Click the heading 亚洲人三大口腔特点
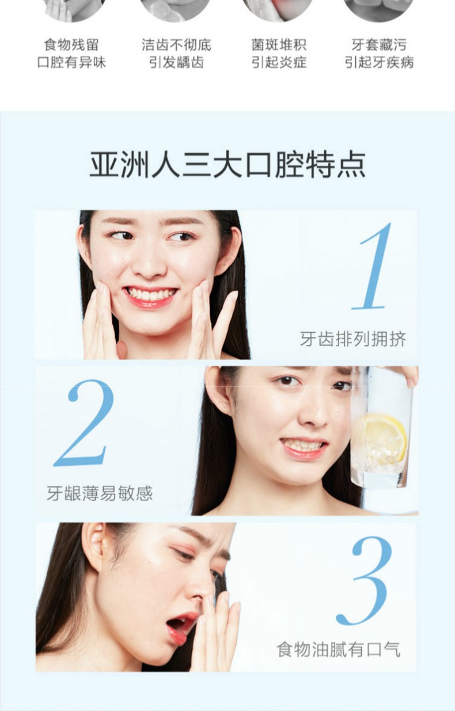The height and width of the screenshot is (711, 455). (227, 165)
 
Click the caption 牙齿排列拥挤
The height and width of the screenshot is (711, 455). (352, 339)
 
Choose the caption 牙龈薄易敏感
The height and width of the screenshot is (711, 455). (100, 493)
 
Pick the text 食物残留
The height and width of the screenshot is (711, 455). (71, 45)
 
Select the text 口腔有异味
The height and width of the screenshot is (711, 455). (71, 62)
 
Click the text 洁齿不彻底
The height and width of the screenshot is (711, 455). (176, 45)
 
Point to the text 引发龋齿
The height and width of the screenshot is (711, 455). (176, 62)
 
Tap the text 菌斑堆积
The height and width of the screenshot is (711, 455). (279, 45)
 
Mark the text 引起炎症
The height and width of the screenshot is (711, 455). (279, 62)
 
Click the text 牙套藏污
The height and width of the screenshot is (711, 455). (379, 45)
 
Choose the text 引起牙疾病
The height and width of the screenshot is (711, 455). (379, 62)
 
